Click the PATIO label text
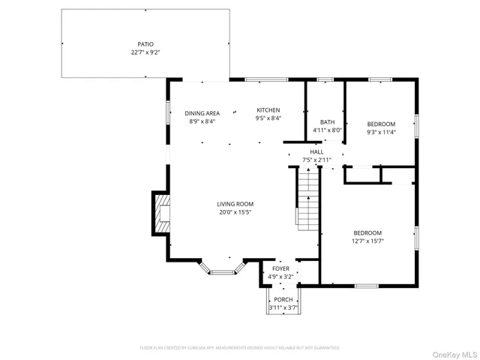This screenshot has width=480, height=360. point(145,44)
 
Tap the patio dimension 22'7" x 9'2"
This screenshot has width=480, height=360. point(145,53)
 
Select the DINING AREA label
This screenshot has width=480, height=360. point(202,113)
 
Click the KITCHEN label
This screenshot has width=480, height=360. point(268,109)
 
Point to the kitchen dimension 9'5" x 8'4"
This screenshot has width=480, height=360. point(268,118)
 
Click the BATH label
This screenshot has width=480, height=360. point(327,122)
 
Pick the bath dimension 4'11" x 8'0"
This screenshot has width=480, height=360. point(327,130)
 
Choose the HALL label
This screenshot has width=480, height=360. point(316,151)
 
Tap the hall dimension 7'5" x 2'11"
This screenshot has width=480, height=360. point(316,160)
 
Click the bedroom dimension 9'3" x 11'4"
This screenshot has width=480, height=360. point(381,133)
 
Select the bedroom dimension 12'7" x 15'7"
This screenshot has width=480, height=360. point(367,241)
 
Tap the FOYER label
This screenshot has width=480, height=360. point(280,268)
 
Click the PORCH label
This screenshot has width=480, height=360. point(283,300)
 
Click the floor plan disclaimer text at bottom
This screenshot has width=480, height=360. point(240,348)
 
